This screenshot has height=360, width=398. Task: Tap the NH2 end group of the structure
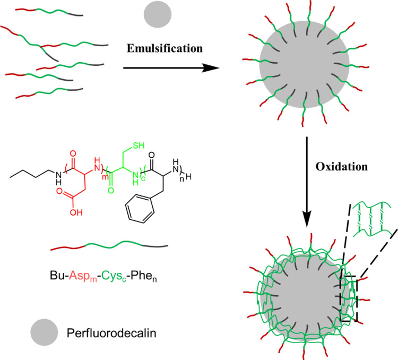click(175, 166)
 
